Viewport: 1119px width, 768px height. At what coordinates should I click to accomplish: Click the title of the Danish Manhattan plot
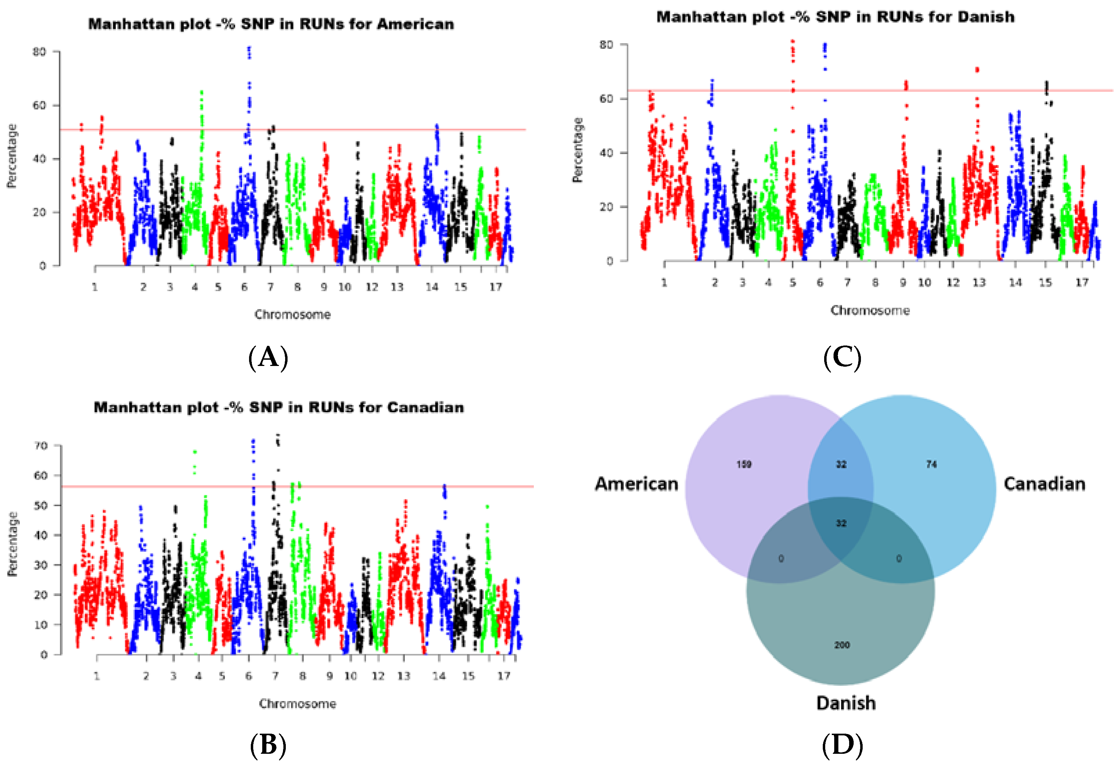835,17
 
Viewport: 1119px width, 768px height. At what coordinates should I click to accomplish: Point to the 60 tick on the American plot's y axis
40,105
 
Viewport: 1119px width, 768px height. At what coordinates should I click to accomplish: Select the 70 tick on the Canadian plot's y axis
41,446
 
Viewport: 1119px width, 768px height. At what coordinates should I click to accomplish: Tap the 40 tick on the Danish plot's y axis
606,153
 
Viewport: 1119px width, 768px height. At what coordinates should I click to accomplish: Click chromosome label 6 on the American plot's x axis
244,287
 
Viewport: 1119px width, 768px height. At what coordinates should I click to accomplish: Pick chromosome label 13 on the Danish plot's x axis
979,283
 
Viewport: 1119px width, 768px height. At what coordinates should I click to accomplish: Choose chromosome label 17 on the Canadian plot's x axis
504,676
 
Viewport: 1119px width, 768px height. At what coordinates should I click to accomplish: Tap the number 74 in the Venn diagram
931,464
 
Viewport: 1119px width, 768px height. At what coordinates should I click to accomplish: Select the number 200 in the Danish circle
842,645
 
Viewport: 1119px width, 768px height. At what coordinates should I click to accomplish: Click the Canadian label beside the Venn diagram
1044,484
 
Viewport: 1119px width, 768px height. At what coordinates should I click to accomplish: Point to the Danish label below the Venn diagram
846,703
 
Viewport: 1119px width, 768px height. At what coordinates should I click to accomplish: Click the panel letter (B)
268,745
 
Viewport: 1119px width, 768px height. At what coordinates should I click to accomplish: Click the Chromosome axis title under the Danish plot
870,310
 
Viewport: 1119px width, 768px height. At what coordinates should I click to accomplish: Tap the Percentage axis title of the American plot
11,155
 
